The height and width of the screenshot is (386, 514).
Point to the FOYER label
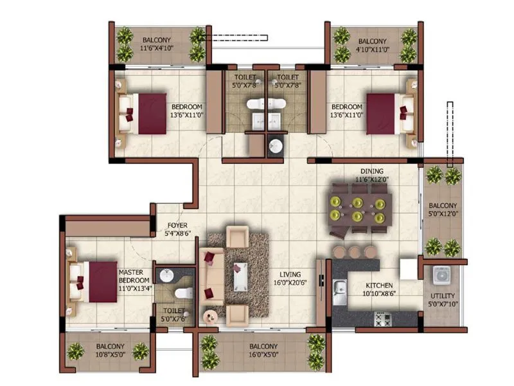[177, 226]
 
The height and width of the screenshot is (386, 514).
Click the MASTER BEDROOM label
[134, 277]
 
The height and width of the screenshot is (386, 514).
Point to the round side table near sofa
[210, 315]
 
